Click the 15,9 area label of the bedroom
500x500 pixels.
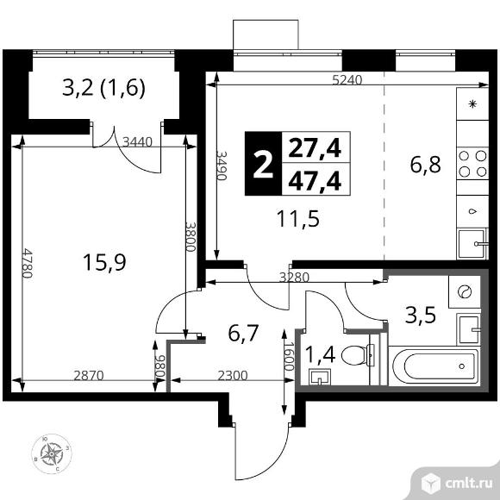pyautogui.click(x=104, y=262)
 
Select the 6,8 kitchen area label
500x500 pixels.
pyautogui.click(x=425, y=165)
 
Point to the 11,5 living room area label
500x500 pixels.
pyautogui.click(x=298, y=219)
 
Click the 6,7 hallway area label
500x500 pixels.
pyautogui.click(x=243, y=334)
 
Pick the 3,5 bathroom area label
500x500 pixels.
pyautogui.click(x=421, y=315)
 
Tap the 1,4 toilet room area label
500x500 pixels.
pyautogui.click(x=320, y=354)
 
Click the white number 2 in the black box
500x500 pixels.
pyautogui.click(x=264, y=164)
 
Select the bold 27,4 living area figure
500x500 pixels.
pyautogui.click(x=315, y=148)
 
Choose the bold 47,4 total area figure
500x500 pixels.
pyautogui.click(x=315, y=181)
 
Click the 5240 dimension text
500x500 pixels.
pyautogui.click(x=347, y=79)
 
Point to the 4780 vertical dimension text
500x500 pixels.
pyautogui.click(x=28, y=263)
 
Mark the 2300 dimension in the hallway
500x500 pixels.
pyautogui.click(x=233, y=375)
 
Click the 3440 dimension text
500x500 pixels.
pyautogui.click(x=138, y=142)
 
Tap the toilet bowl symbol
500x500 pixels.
pyautogui.click(x=358, y=355)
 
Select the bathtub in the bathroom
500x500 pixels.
pyautogui.click(x=434, y=366)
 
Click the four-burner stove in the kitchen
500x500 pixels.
pyautogui.click(x=472, y=164)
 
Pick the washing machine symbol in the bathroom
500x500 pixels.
pyautogui.click(x=465, y=291)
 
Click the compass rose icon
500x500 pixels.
pyautogui.click(x=52, y=453)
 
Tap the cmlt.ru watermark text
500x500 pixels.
pyautogui.click(x=468, y=484)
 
